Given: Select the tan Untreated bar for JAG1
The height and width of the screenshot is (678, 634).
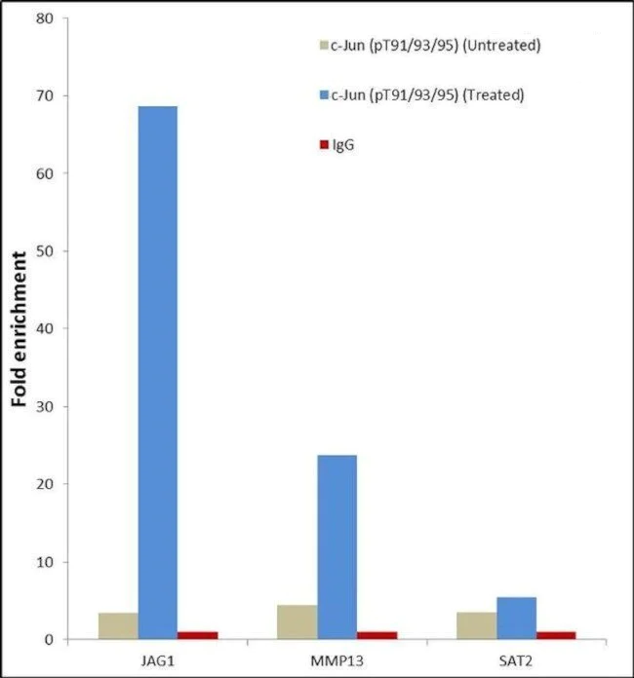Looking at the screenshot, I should (x=118, y=626).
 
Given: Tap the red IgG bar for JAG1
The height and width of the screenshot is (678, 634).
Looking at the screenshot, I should (x=197, y=635).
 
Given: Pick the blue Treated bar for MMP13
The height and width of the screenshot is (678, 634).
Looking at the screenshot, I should (x=337, y=546).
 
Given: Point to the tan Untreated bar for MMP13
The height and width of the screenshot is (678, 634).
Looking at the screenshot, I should (x=297, y=622).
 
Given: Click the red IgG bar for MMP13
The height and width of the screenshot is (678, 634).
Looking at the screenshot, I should (x=376, y=635).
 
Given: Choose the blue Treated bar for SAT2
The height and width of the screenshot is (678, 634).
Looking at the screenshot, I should (x=516, y=618).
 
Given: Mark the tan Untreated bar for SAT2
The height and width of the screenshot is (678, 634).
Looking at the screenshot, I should (x=476, y=625).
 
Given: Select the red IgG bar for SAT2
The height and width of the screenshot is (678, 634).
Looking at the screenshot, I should (x=556, y=635).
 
